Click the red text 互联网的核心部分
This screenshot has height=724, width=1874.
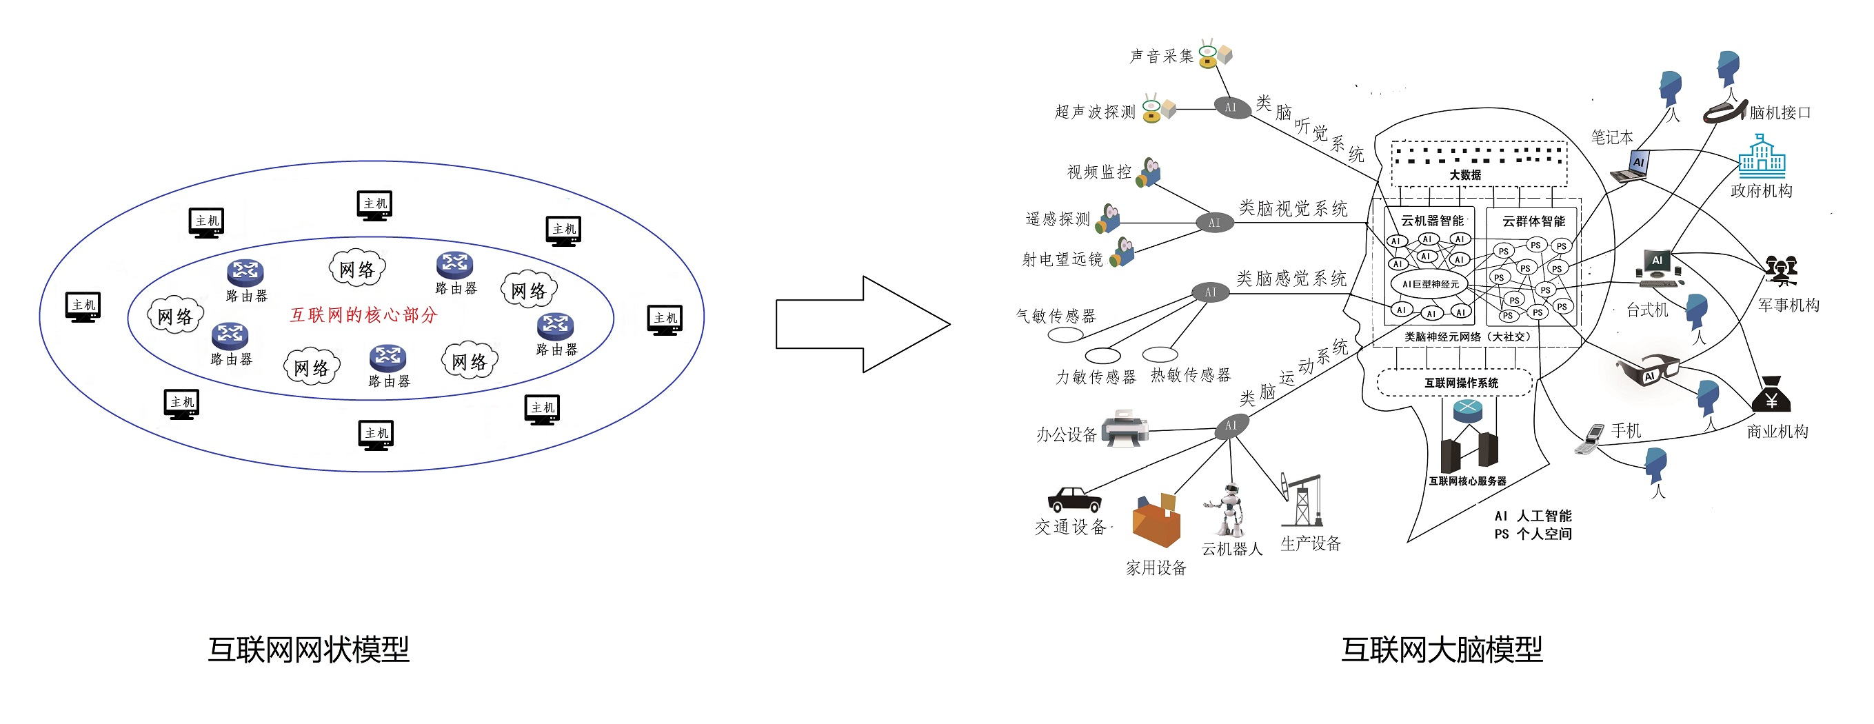(364, 315)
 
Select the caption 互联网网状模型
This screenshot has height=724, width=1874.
(308, 649)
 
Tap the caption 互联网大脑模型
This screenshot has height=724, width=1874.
(1441, 649)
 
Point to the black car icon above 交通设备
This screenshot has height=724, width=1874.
(1074, 500)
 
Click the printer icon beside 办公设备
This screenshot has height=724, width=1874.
(1124, 428)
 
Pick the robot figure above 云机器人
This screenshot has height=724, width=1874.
(1229, 510)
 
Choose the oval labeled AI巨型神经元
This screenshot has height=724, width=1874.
(1429, 284)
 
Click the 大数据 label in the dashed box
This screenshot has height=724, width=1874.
(1465, 174)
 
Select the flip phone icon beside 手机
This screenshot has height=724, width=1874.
(1591, 439)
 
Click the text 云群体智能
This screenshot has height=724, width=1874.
(1533, 221)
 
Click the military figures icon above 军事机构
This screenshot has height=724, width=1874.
(1780, 271)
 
